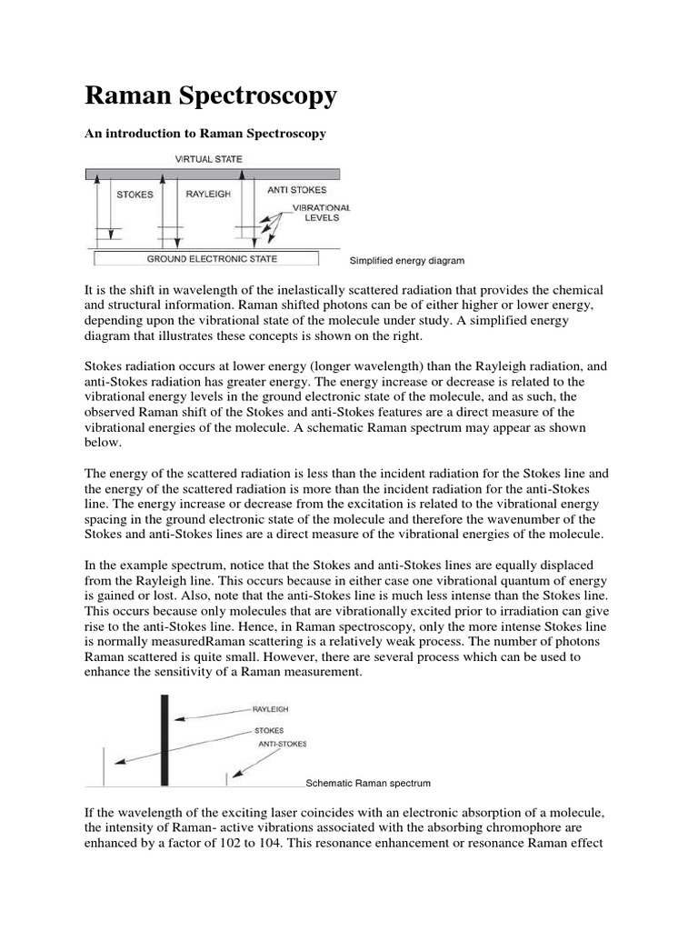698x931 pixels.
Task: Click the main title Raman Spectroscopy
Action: (211, 95)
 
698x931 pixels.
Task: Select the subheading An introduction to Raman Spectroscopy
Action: (204, 134)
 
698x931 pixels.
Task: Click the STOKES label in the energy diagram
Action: (135, 194)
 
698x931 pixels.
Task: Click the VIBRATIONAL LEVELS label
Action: (321, 214)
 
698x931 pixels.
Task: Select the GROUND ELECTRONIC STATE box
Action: (213, 259)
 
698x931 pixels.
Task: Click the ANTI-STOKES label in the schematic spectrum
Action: (283, 744)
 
